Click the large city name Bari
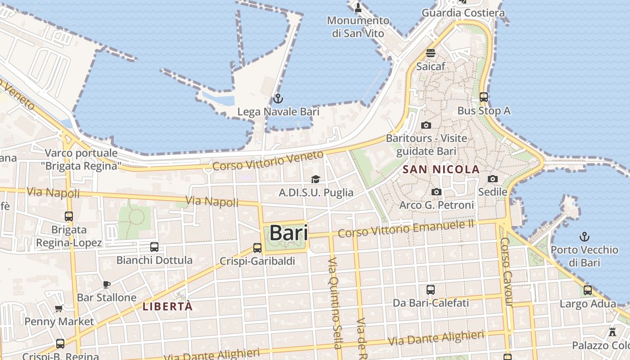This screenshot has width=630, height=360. click(288, 233)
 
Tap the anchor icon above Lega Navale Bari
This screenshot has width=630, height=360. click(278, 98)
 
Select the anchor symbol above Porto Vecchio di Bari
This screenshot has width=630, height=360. click(584, 236)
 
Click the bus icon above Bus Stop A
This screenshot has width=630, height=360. click(484, 97)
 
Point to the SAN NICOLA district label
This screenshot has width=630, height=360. click(441, 170)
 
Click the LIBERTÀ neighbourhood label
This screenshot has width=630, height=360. click(167, 307)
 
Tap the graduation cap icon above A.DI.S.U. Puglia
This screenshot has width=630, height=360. click(315, 179)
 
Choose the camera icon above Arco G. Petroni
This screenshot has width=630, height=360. click(436, 192)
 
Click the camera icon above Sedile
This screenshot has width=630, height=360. click(493, 179)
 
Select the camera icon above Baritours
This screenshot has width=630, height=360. click(426, 125)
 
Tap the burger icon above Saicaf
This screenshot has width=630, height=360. click(431, 53)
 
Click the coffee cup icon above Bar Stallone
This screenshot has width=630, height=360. click(107, 284)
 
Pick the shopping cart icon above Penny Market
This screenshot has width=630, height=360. click(58, 309)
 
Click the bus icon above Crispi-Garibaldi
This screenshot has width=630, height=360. click(257, 247)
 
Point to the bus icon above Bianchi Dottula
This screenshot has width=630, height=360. click(154, 247)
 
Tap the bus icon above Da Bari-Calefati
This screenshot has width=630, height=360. click(431, 289)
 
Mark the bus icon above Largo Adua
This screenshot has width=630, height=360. click(588, 290)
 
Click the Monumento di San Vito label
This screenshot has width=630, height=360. click(358, 27)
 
